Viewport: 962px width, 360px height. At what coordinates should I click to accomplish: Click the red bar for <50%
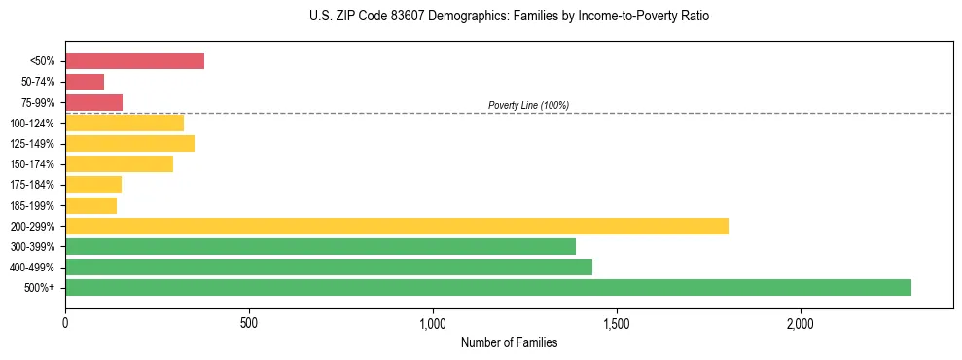(134, 61)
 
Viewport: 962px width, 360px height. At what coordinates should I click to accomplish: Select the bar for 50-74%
(85, 82)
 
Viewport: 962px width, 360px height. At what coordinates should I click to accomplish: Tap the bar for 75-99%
(93, 102)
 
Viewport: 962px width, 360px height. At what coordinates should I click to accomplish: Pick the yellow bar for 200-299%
(397, 226)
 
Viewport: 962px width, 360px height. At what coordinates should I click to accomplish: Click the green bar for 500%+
(488, 287)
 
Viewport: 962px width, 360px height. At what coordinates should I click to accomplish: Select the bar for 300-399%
(320, 246)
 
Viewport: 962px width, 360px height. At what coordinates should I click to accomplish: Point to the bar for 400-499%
(329, 267)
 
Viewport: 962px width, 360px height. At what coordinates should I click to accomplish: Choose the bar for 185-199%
(90, 205)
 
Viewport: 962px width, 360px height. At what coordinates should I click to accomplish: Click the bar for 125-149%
(129, 144)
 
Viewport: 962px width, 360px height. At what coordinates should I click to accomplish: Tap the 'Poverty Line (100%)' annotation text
(528, 105)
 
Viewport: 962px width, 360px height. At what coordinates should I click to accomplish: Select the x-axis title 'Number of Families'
(509, 342)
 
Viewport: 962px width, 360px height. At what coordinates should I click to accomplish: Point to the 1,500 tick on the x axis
(617, 322)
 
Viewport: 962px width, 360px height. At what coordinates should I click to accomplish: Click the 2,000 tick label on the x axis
(801, 322)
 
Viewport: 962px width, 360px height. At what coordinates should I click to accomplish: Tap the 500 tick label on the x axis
(249, 322)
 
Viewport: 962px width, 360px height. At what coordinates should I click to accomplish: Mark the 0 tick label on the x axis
(65, 322)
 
